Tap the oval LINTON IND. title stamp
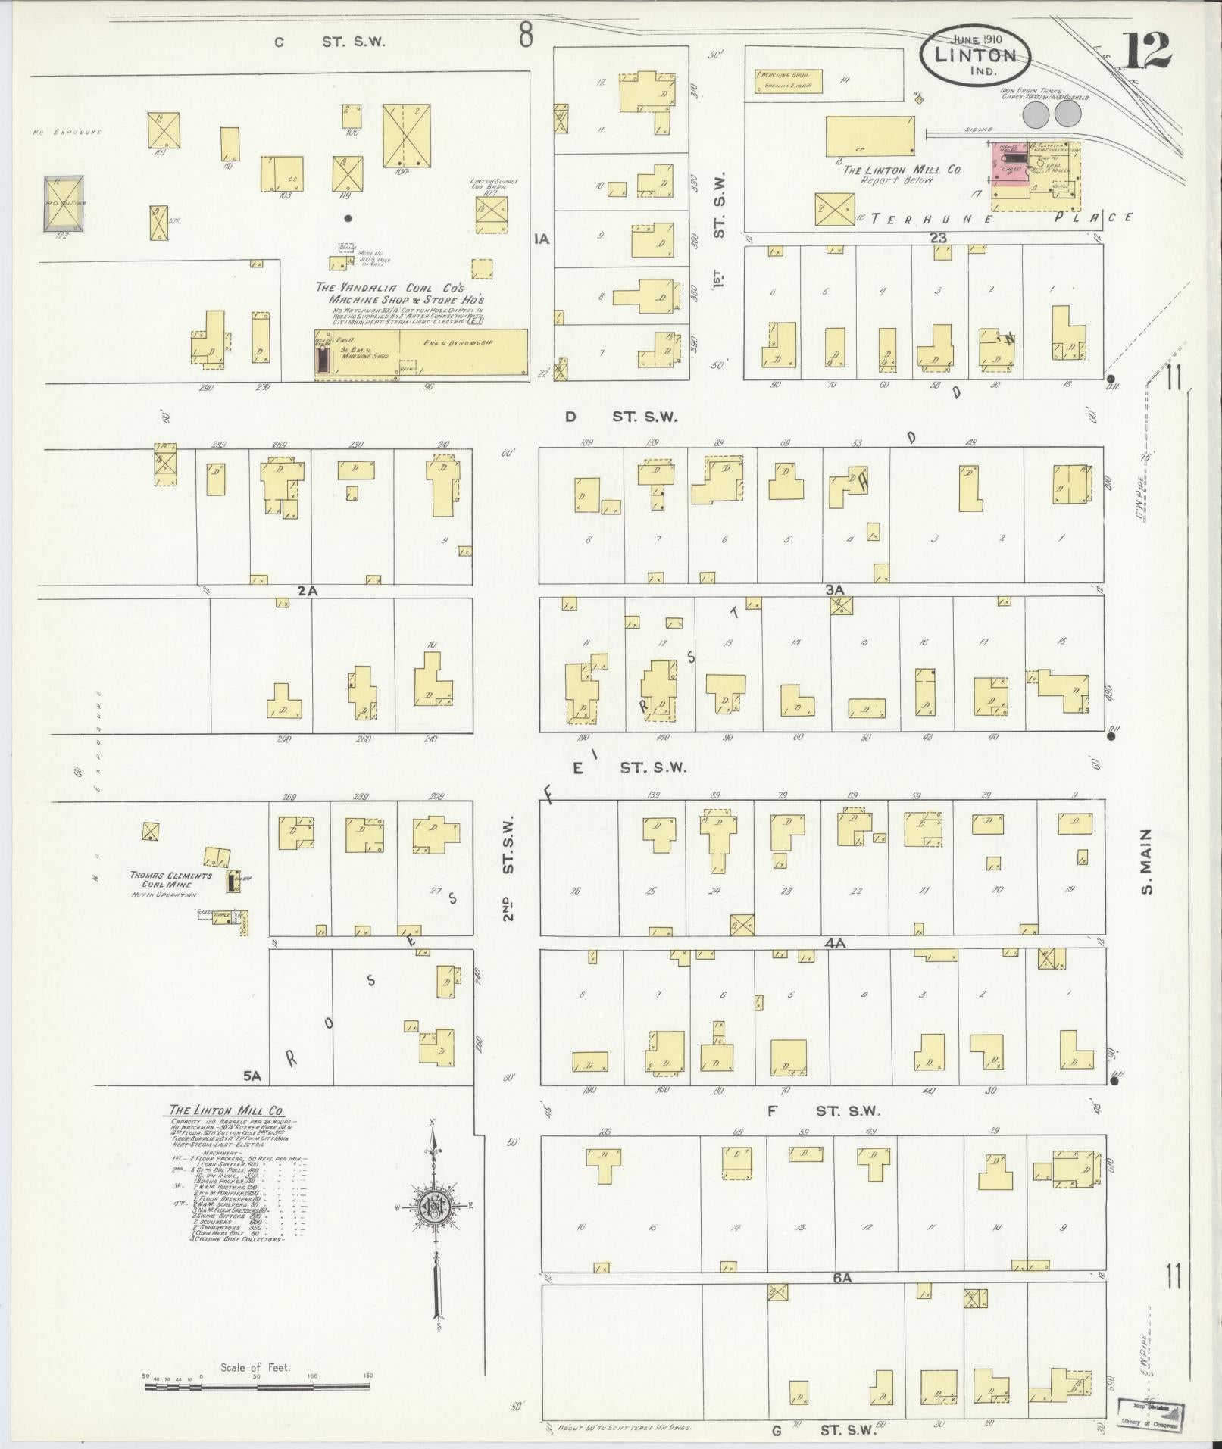coord(975,55)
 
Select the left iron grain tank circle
coord(1036,114)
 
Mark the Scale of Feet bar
coord(258,1387)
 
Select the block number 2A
coord(306,590)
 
